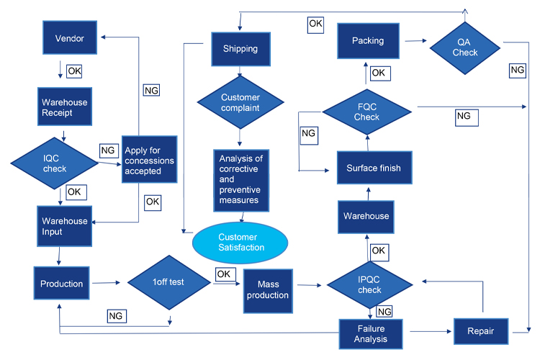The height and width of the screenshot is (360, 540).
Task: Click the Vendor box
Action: [70, 37]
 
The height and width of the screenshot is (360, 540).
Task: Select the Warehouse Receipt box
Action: [65, 107]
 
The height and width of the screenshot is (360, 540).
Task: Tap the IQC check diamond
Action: [55, 163]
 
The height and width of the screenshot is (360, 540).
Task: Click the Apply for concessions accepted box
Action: [150, 159]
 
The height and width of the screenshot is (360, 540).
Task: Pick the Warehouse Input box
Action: [64, 226]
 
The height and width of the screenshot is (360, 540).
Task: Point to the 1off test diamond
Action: [168, 282]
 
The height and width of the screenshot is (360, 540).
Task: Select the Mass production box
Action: [268, 291]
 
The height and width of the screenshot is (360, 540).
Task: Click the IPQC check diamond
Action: [369, 285]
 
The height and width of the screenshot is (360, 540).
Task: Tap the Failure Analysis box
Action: [371, 334]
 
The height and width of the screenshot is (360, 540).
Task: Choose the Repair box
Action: [481, 331]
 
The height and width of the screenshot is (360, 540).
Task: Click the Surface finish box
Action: [374, 168]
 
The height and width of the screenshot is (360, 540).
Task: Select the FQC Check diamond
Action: [366, 112]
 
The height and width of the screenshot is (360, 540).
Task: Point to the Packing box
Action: [368, 40]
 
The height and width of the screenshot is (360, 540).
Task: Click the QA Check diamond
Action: [465, 48]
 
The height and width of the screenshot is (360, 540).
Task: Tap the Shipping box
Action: [240, 49]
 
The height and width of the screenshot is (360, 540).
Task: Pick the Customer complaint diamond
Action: [240, 102]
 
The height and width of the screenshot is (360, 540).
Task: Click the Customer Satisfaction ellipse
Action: [240, 243]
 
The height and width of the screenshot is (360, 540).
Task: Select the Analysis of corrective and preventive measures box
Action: [241, 180]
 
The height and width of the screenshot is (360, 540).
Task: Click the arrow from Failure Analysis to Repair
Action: [431, 331]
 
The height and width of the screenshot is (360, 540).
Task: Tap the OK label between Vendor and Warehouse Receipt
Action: [74, 71]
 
